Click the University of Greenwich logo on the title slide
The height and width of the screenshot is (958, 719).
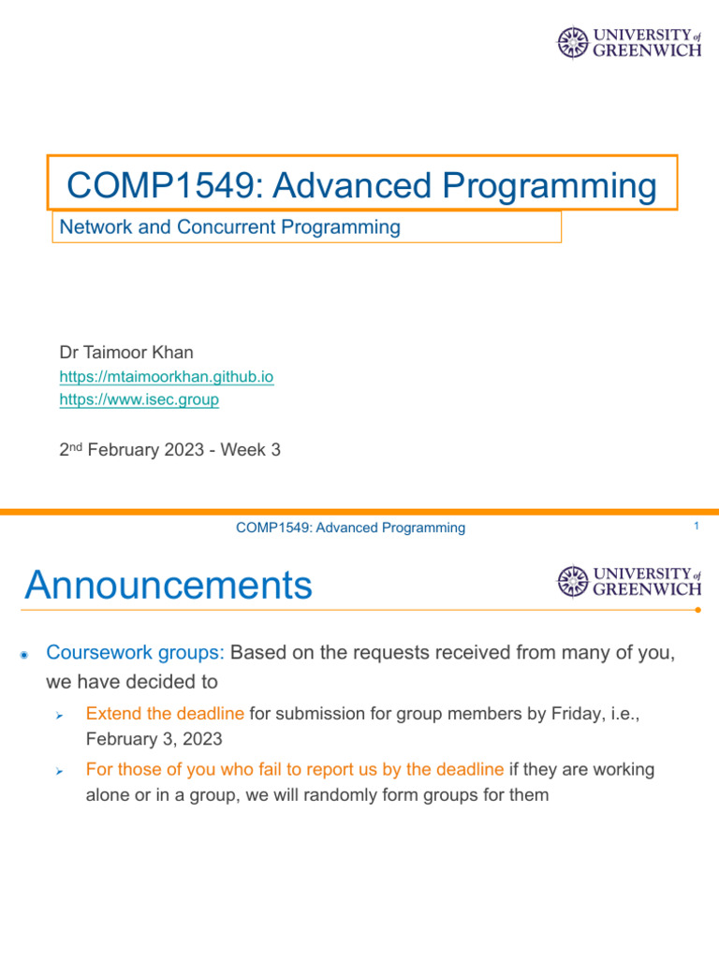coord(629,42)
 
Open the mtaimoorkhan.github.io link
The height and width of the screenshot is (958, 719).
coord(167,376)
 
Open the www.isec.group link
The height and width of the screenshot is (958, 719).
coord(139,399)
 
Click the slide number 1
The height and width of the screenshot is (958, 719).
coord(697,528)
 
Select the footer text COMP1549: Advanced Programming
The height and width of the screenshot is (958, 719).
coord(350,528)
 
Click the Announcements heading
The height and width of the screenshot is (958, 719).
coord(169,586)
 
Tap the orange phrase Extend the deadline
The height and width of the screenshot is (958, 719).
coord(165,714)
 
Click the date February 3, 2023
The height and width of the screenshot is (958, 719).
coord(154,739)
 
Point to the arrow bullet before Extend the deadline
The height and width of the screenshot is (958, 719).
coord(58,716)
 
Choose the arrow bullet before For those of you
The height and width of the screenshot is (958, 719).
coord(58,772)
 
